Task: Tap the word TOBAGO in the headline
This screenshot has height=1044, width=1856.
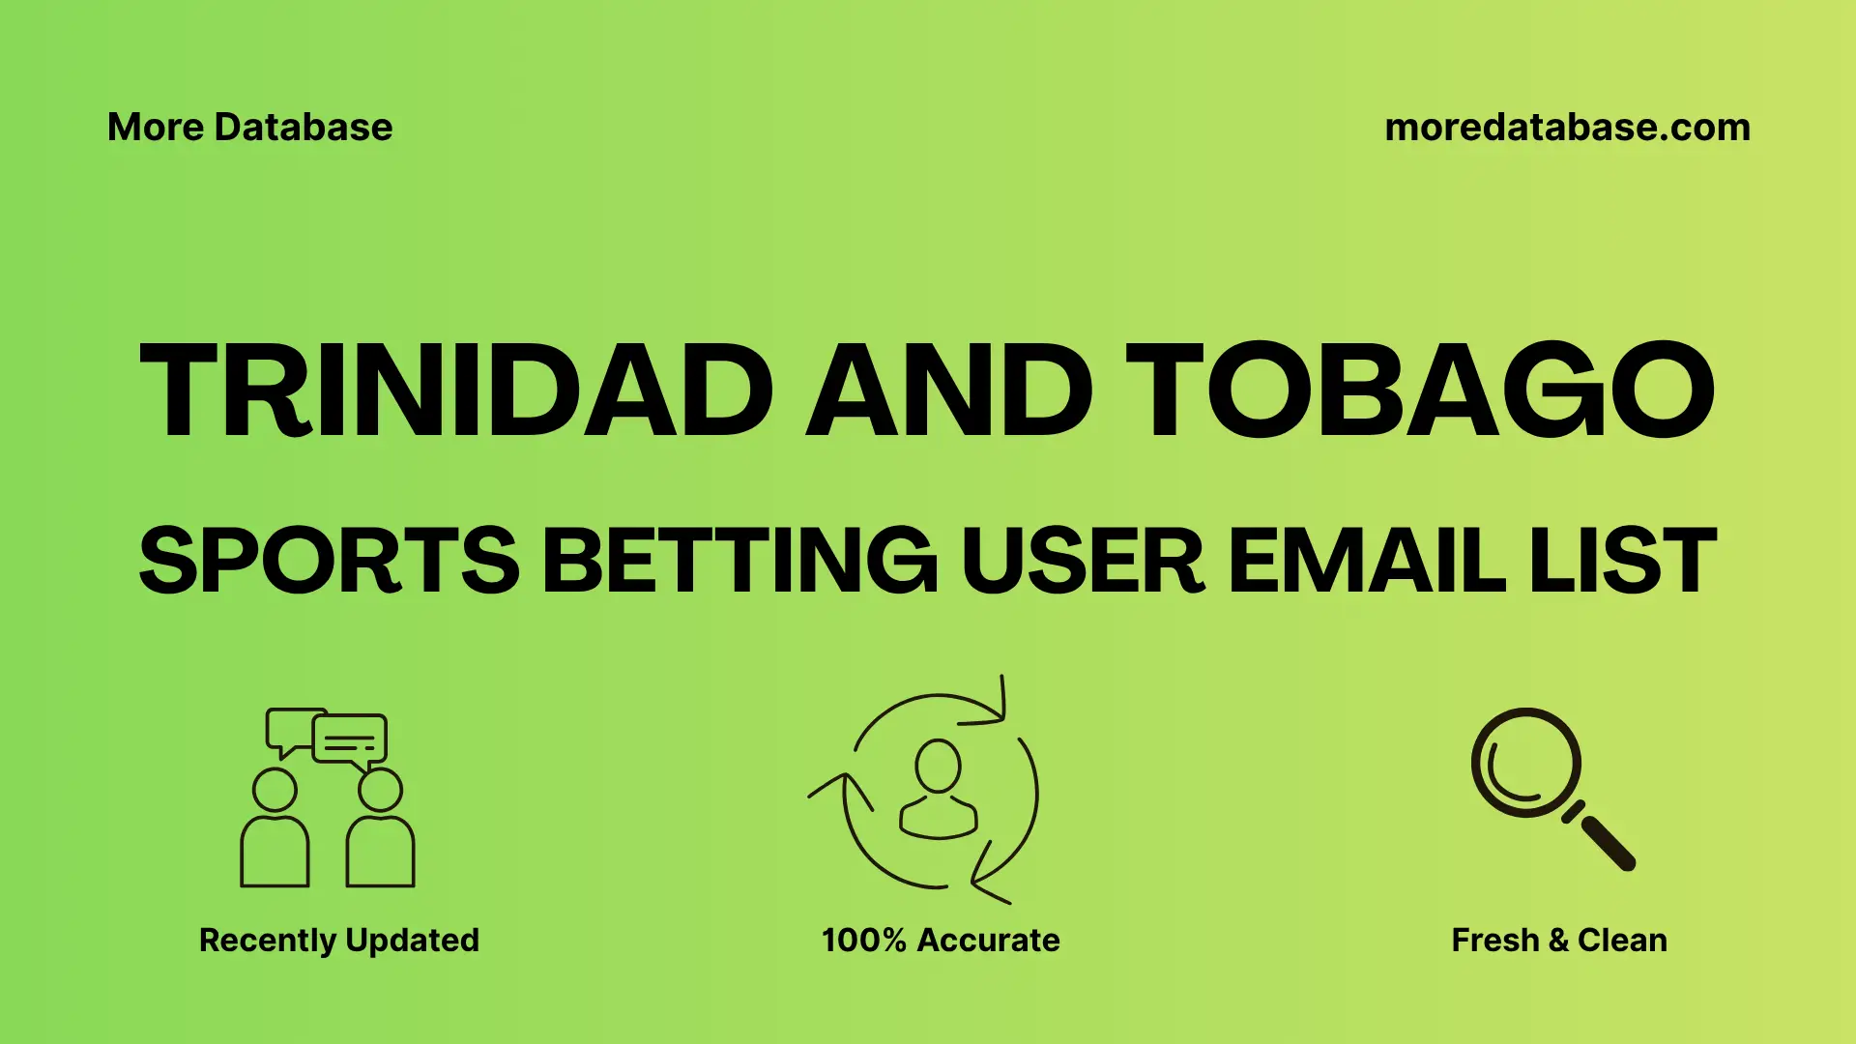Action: tap(1420, 391)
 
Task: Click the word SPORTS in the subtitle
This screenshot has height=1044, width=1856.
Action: tap(329, 561)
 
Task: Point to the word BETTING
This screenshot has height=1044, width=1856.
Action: tap(739, 561)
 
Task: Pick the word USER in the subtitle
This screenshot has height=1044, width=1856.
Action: tap(1083, 561)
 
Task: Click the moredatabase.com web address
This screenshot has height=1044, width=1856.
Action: tap(1567, 128)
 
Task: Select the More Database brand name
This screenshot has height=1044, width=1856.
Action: tap(249, 128)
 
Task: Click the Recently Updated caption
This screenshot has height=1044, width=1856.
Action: tap(338, 940)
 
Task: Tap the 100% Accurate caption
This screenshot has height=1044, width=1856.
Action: tap(940, 940)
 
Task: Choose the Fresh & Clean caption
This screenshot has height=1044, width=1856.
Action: tap(1558, 940)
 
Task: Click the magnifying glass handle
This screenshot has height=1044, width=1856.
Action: tap(1607, 842)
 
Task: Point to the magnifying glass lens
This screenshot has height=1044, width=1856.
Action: tap(1525, 763)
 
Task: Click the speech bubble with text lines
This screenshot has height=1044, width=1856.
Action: tap(350, 740)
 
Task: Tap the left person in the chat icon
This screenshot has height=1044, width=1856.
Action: tap(275, 831)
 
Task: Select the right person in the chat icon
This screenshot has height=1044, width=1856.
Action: tap(380, 831)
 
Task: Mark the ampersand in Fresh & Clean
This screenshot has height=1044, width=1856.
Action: tap(1557, 941)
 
